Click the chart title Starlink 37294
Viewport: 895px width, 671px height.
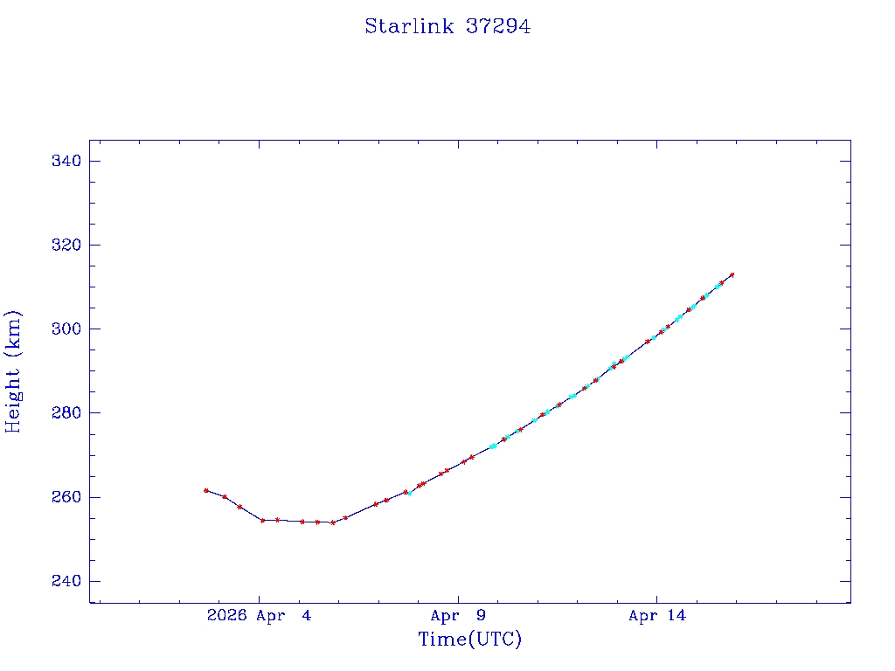447,27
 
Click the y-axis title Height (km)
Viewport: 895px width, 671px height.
14,371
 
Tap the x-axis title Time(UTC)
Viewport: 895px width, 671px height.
469,640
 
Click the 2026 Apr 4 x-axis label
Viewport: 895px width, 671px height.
259,616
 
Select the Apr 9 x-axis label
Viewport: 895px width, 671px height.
458,616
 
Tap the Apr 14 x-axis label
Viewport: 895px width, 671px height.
657,616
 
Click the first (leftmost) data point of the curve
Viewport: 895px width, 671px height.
206,490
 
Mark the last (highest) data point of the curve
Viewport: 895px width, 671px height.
732,274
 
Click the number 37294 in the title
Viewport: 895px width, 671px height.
498,27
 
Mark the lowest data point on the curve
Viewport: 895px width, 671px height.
332,522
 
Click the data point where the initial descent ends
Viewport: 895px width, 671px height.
262,520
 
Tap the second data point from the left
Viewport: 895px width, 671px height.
225,496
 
